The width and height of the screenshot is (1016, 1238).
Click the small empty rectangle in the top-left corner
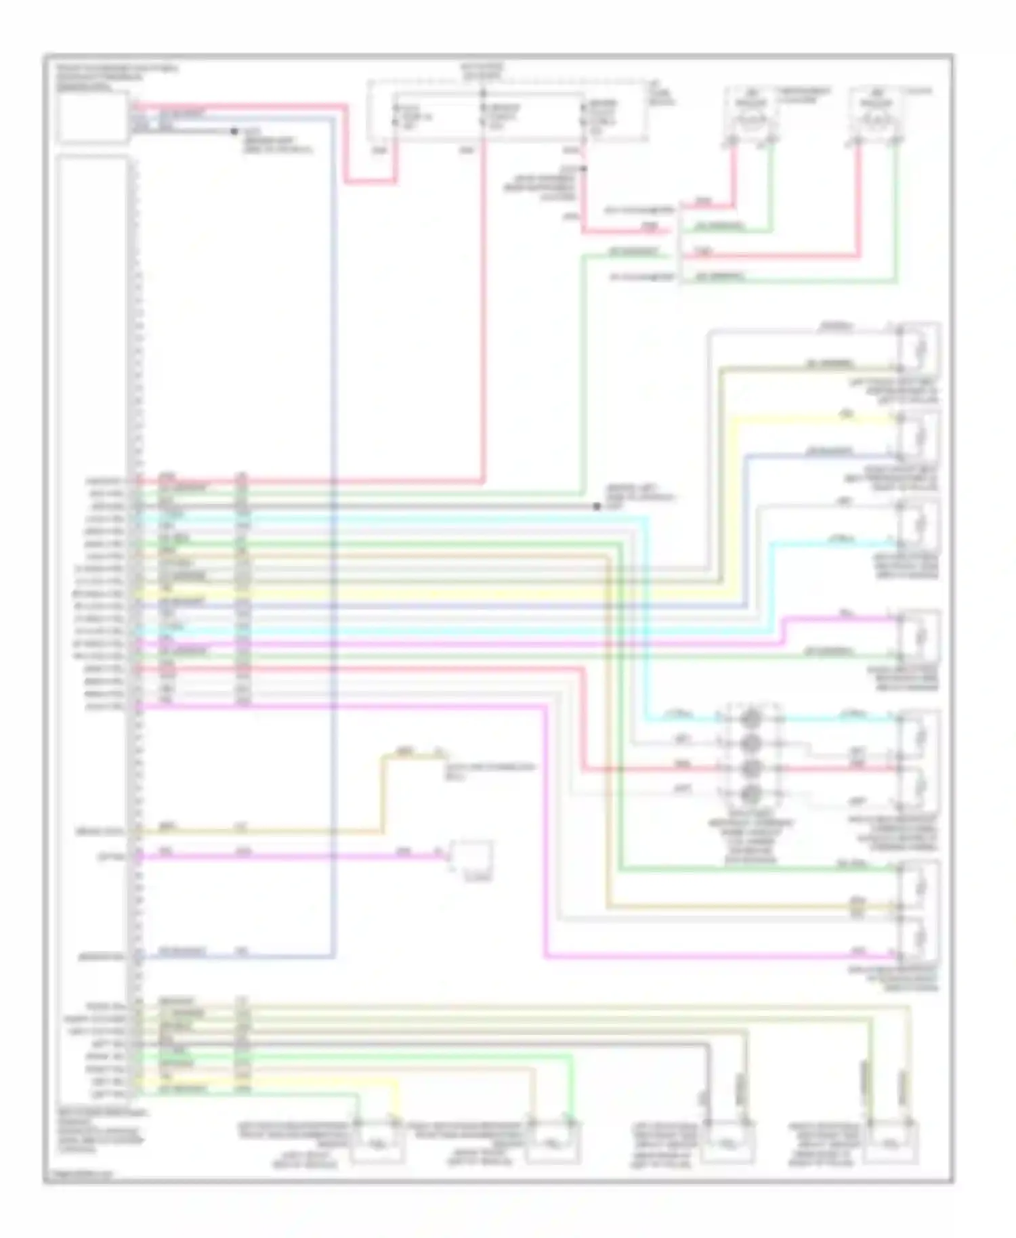[93, 119]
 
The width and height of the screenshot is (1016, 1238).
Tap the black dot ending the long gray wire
[597, 507]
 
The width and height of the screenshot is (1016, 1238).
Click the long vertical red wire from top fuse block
[484, 305]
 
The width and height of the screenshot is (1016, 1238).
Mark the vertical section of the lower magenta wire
[545, 833]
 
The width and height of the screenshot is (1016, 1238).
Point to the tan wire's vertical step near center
[382, 792]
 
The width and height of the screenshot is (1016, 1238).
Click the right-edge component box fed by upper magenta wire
[919, 637]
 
